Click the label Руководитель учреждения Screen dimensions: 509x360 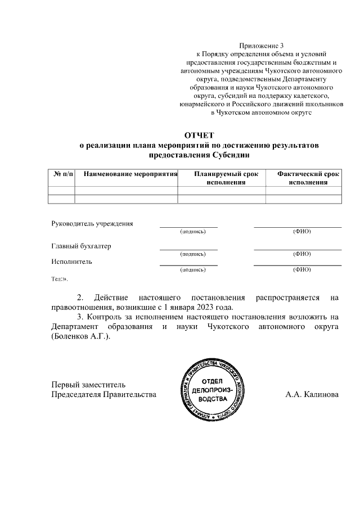(x=92, y=223)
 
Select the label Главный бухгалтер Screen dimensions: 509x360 (x=82, y=246)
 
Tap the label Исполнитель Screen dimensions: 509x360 (x=71, y=262)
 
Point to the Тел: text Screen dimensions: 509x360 (x=59, y=279)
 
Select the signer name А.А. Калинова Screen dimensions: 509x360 (x=312, y=394)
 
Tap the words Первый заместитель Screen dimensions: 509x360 (x=88, y=385)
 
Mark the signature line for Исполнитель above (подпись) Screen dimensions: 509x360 (x=188, y=264)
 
